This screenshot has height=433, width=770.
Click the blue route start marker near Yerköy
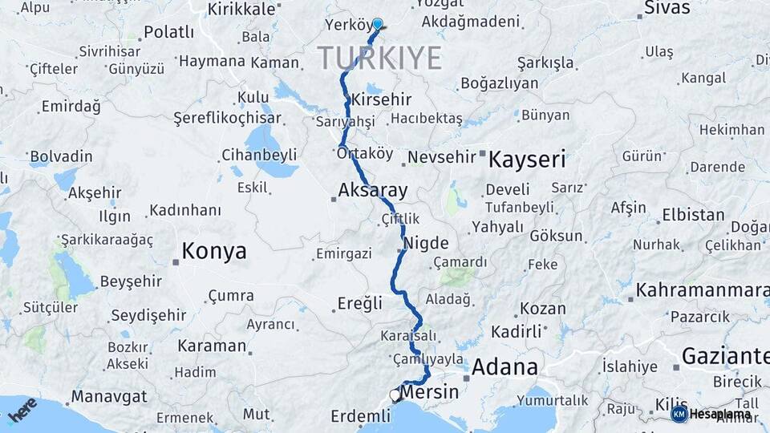(x=377, y=24)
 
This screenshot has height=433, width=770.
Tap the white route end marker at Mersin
(x=395, y=395)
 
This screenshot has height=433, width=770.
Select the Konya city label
(x=213, y=252)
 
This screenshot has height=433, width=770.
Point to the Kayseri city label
(x=527, y=158)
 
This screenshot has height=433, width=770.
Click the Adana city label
(x=505, y=367)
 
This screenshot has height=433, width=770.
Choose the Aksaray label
(x=373, y=191)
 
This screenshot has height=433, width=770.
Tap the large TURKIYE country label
(x=379, y=58)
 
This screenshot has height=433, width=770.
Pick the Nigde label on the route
(x=428, y=242)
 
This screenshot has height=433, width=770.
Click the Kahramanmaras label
(x=703, y=289)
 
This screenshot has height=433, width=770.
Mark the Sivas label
(x=665, y=9)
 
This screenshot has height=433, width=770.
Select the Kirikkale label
(x=241, y=9)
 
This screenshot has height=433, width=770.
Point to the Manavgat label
(x=109, y=396)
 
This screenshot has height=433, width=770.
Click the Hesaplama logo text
(x=719, y=414)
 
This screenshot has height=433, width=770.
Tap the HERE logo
(x=22, y=408)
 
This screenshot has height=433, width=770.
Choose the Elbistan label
(x=693, y=215)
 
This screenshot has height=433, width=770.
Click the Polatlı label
(x=168, y=32)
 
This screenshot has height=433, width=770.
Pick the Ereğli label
(x=358, y=304)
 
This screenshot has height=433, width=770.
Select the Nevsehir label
(x=442, y=156)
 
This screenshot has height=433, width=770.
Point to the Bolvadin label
(x=62, y=156)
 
